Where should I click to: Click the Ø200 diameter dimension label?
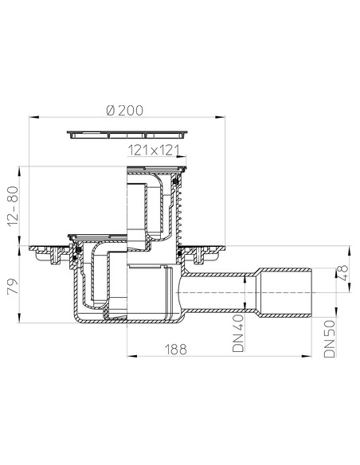pos(128,111)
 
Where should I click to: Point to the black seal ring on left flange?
pos(78,253)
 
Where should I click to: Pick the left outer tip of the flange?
pos(32,252)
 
